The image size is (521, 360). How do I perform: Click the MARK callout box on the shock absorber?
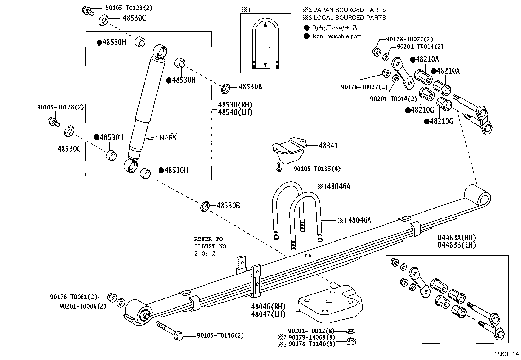tap(168, 138)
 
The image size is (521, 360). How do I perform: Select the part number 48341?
tap(328, 146)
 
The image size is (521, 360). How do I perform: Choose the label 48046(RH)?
tap(268, 307)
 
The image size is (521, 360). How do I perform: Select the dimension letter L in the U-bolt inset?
tap(269, 46)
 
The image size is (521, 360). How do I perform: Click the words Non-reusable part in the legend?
tap(337, 36)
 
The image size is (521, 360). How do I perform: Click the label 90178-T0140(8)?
tap(312, 344)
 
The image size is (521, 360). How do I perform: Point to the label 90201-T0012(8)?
tap(312, 331)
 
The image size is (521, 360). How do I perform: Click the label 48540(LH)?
tap(235, 112)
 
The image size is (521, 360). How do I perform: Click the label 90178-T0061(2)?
tap(73, 297)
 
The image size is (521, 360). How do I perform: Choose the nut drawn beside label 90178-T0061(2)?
tap(112, 297)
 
